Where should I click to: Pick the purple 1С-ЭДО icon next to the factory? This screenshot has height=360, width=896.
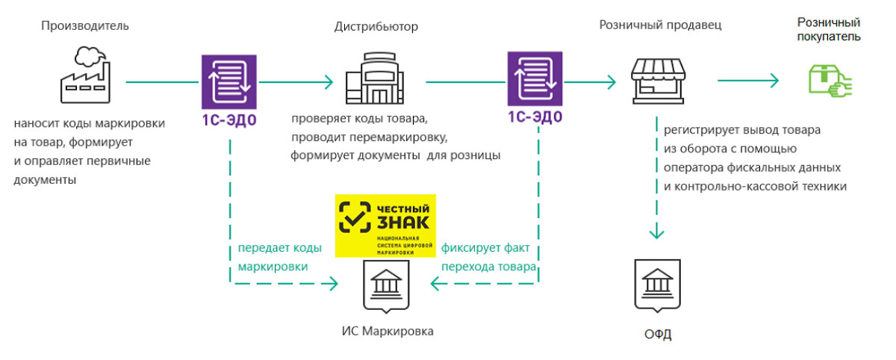pos(228,81)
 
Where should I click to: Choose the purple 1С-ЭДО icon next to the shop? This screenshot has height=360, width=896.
pos(535,79)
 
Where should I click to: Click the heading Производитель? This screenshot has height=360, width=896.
pos(85,26)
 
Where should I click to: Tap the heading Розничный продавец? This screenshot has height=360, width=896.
pos(660,25)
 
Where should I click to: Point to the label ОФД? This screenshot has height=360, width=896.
pos(658,334)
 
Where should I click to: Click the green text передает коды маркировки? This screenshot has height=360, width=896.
pos(279,257)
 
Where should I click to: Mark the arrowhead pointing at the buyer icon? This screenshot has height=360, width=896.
pos(774,81)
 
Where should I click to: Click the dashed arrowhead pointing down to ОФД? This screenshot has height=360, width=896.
pos(657,233)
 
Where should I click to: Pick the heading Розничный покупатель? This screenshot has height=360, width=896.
pos(828,28)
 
